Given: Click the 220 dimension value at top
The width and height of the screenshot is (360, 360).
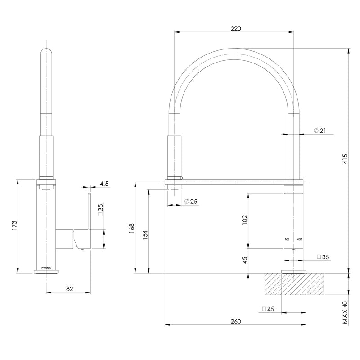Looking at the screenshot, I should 235,28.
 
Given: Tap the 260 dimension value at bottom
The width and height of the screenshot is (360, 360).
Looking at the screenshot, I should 235,321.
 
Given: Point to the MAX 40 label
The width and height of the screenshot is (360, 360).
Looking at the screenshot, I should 345,313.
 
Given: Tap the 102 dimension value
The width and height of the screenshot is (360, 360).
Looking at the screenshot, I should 244,220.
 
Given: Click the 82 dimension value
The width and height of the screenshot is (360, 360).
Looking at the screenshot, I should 69,289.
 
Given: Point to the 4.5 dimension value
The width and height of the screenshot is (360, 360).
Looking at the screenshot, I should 104,184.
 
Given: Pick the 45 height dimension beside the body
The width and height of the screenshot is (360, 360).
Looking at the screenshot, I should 244,261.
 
